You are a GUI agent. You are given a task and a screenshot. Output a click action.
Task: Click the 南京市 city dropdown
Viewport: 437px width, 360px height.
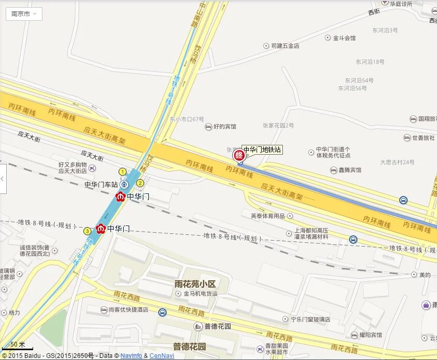[24, 14]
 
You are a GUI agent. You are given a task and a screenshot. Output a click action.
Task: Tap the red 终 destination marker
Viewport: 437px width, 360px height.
[238, 155]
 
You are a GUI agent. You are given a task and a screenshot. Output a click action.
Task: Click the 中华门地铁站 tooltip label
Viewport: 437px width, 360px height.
[262, 150]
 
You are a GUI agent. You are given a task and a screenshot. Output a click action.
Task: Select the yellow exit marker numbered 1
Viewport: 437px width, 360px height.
[123, 172]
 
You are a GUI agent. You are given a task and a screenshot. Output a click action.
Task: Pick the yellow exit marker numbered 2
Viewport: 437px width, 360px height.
[140, 183]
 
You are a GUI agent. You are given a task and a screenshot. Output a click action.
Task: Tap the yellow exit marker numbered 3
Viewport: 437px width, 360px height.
[87, 231]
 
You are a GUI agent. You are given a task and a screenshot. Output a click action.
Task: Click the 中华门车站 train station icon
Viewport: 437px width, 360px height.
[124, 184]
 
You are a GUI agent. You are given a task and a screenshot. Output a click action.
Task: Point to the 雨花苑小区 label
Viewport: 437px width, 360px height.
[194, 283]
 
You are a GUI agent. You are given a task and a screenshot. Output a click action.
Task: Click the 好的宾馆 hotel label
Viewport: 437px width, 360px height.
[224, 126]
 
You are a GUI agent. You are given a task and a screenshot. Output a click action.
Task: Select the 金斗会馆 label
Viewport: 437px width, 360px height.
[344, 38]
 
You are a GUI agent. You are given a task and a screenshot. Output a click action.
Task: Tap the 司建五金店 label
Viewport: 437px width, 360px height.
[285, 46]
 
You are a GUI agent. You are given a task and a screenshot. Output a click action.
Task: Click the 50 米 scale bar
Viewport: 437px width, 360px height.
[18, 345]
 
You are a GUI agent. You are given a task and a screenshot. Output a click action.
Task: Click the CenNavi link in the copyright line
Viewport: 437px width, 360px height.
[162, 356]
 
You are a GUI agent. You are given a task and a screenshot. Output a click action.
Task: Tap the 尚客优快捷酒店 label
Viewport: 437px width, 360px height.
[128, 310]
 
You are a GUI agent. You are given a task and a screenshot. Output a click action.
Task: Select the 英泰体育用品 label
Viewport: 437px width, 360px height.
[268, 216]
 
